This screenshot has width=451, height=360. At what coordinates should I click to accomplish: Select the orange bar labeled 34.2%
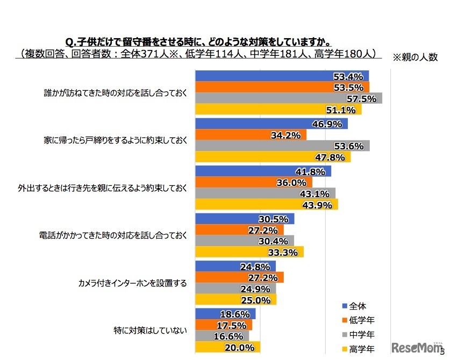point(250,135)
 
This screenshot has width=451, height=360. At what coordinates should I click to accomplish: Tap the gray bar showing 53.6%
point(282,146)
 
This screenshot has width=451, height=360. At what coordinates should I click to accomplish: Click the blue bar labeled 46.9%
point(271,124)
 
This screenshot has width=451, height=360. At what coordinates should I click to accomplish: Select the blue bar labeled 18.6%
point(225,314)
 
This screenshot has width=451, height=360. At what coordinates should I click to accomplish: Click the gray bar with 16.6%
point(221,336)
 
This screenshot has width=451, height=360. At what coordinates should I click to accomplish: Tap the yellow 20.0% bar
point(227,348)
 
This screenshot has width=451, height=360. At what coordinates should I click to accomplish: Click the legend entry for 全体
point(355,306)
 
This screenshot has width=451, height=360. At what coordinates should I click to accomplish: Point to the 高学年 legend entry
point(359,347)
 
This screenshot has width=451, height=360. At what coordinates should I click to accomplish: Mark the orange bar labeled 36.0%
point(253,183)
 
